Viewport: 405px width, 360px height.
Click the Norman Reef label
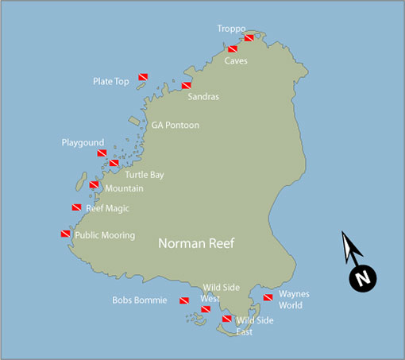coord(196,244)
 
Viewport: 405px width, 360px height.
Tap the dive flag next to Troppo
coord(249,38)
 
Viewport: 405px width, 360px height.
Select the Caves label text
coord(236,60)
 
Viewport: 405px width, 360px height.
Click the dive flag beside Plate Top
coord(144,77)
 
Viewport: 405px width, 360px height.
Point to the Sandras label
coord(203,97)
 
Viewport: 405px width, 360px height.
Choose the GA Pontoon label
coord(175,126)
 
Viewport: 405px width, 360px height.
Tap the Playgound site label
coord(83,143)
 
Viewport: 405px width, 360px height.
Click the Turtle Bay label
coord(144,174)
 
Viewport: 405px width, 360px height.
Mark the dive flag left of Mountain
coord(94,185)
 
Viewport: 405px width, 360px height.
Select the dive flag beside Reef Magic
coord(76,208)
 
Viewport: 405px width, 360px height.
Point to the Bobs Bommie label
coord(140,300)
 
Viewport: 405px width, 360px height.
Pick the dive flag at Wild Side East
coord(226,319)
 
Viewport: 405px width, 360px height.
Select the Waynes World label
coord(294,299)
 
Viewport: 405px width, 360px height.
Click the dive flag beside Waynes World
coord(268,298)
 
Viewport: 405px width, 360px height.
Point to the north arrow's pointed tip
coord(343,233)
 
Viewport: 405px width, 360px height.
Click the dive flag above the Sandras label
coord(187,86)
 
